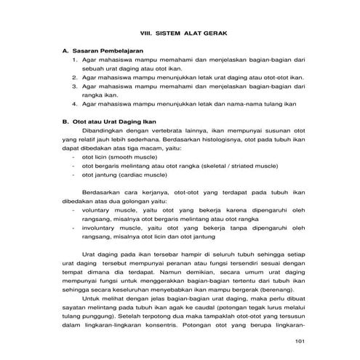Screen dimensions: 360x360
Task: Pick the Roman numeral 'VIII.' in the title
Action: coord(149,33)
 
